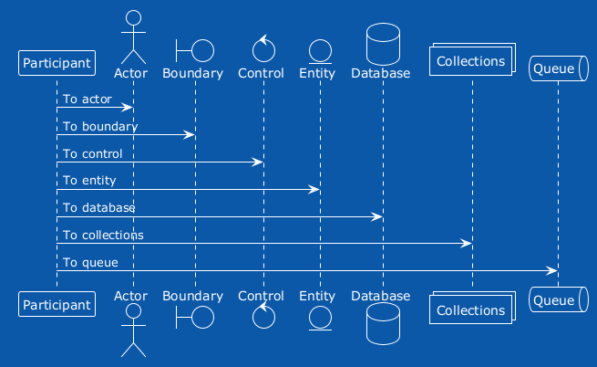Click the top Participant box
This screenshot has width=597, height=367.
pos(57,63)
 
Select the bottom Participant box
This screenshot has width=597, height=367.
pos(57,304)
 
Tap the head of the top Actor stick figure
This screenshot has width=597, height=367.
pos(134,18)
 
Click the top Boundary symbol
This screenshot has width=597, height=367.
pos(195,50)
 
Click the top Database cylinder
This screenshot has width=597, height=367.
pos(383,44)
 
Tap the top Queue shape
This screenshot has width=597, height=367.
pos(559,68)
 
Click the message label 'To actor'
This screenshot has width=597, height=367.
pos(87,100)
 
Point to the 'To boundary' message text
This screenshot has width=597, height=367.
pos(100,127)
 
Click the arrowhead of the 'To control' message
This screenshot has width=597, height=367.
pos(257,163)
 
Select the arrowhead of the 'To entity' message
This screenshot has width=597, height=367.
pos(314,190)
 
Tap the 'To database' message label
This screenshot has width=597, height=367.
pos(99,207)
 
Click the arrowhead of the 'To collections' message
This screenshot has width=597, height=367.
pos(466,244)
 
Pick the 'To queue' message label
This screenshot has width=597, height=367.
pos(90,263)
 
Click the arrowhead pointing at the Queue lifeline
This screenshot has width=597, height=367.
pos(551,271)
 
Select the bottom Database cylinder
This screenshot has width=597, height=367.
pos(383,323)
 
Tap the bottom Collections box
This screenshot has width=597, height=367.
pos(472,308)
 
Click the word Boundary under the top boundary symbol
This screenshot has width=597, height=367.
pos(192,73)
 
